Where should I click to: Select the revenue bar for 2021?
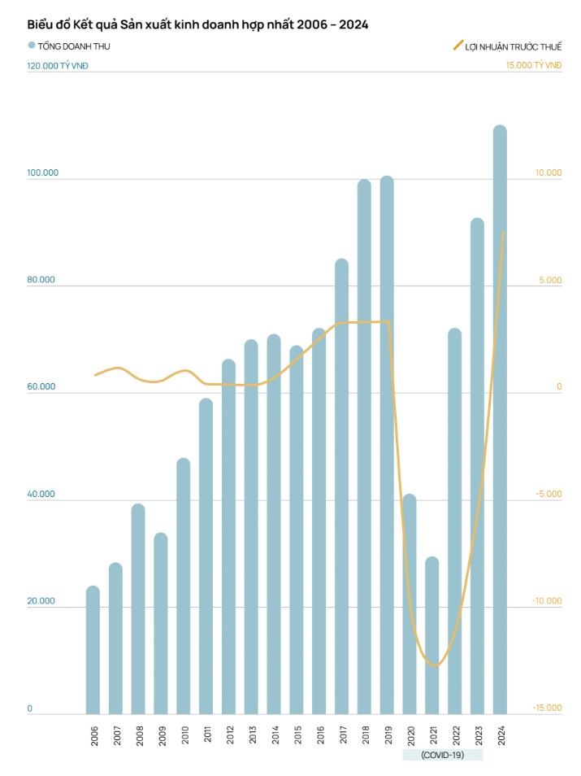(432, 635)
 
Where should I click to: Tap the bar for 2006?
(93, 650)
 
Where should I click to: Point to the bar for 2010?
(184, 586)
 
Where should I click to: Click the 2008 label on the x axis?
(139, 735)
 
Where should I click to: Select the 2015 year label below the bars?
(297, 735)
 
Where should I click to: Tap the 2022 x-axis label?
(455, 735)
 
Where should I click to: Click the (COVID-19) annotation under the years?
(443, 755)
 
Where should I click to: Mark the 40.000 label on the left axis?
(42, 494)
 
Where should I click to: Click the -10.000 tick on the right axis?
(547, 601)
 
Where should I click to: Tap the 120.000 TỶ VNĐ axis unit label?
(58, 65)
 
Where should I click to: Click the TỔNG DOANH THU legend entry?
(69, 46)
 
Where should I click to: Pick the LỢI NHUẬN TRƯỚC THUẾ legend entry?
(506, 46)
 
